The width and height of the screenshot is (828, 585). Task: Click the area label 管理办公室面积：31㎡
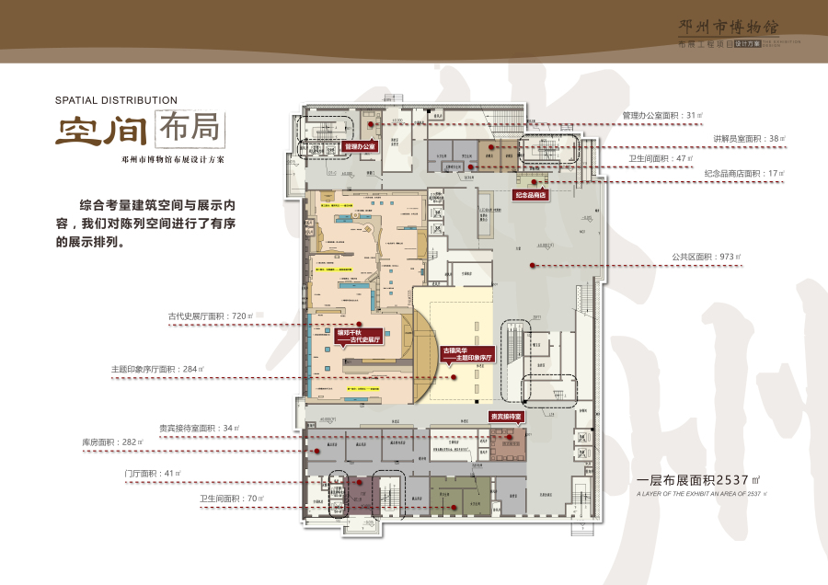tap(662, 116)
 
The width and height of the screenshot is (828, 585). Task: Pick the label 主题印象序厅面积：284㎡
tap(157, 369)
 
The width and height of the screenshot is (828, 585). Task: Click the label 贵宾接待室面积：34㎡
tap(200, 428)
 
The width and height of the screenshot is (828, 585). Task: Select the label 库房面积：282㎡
tap(113, 442)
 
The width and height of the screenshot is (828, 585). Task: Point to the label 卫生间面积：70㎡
tap(231, 499)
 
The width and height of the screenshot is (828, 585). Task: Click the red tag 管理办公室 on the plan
tap(360, 146)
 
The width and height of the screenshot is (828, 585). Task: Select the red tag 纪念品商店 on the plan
tap(531, 195)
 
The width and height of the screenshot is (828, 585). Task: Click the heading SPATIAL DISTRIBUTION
tap(116, 100)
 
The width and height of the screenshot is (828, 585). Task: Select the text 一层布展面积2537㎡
tap(698, 480)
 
